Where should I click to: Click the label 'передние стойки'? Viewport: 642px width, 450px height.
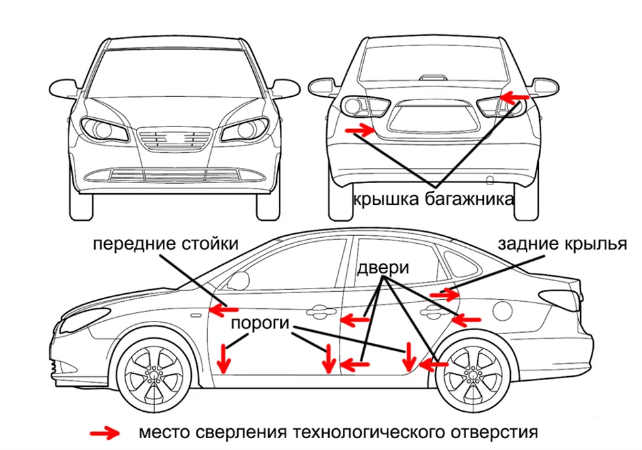(165, 244)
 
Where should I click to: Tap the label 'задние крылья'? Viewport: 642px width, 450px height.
(562, 244)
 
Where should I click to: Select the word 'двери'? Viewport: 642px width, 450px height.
(383, 268)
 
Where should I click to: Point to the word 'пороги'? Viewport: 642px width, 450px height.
(260, 323)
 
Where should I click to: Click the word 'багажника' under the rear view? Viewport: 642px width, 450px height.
(469, 200)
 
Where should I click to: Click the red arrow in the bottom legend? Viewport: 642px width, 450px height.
(105, 433)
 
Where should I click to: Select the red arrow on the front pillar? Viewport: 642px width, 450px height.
(224, 310)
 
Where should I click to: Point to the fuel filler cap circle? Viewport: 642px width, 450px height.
(502, 310)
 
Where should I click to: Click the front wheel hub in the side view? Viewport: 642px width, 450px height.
(154, 374)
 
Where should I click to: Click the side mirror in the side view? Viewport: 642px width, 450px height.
(239, 280)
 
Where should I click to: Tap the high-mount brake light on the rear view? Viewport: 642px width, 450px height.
(434, 78)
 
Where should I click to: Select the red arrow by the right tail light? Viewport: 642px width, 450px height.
(514, 98)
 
